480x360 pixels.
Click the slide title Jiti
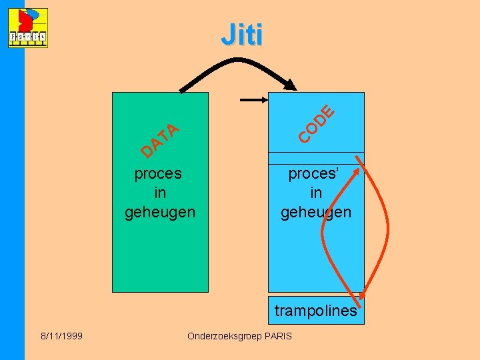pyautogui.click(x=241, y=35)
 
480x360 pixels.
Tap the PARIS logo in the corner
pyautogui.click(x=28, y=28)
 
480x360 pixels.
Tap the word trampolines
pyautogui.click(x=315, y=311)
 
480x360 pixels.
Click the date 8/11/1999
pyautogui.click(x=61, y=336)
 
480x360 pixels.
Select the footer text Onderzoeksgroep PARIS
pyautogui.click(x=239, y=336)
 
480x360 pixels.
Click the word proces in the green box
pyautogui.click(x=158, y=174)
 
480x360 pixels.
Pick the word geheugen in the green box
pyautogui.click(x=160, y=212)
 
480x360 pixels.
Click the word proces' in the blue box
pyautogui.click(x=314, y=174)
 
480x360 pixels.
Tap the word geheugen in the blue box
pyautogui.click(x=315, y=212)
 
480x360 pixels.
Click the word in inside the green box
pyautogui.click(x=160, y=193)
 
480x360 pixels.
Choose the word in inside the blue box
pyautogui.click(x=316, y=193)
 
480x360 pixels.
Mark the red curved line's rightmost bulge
pyautogui.click(x=388, y=227)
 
